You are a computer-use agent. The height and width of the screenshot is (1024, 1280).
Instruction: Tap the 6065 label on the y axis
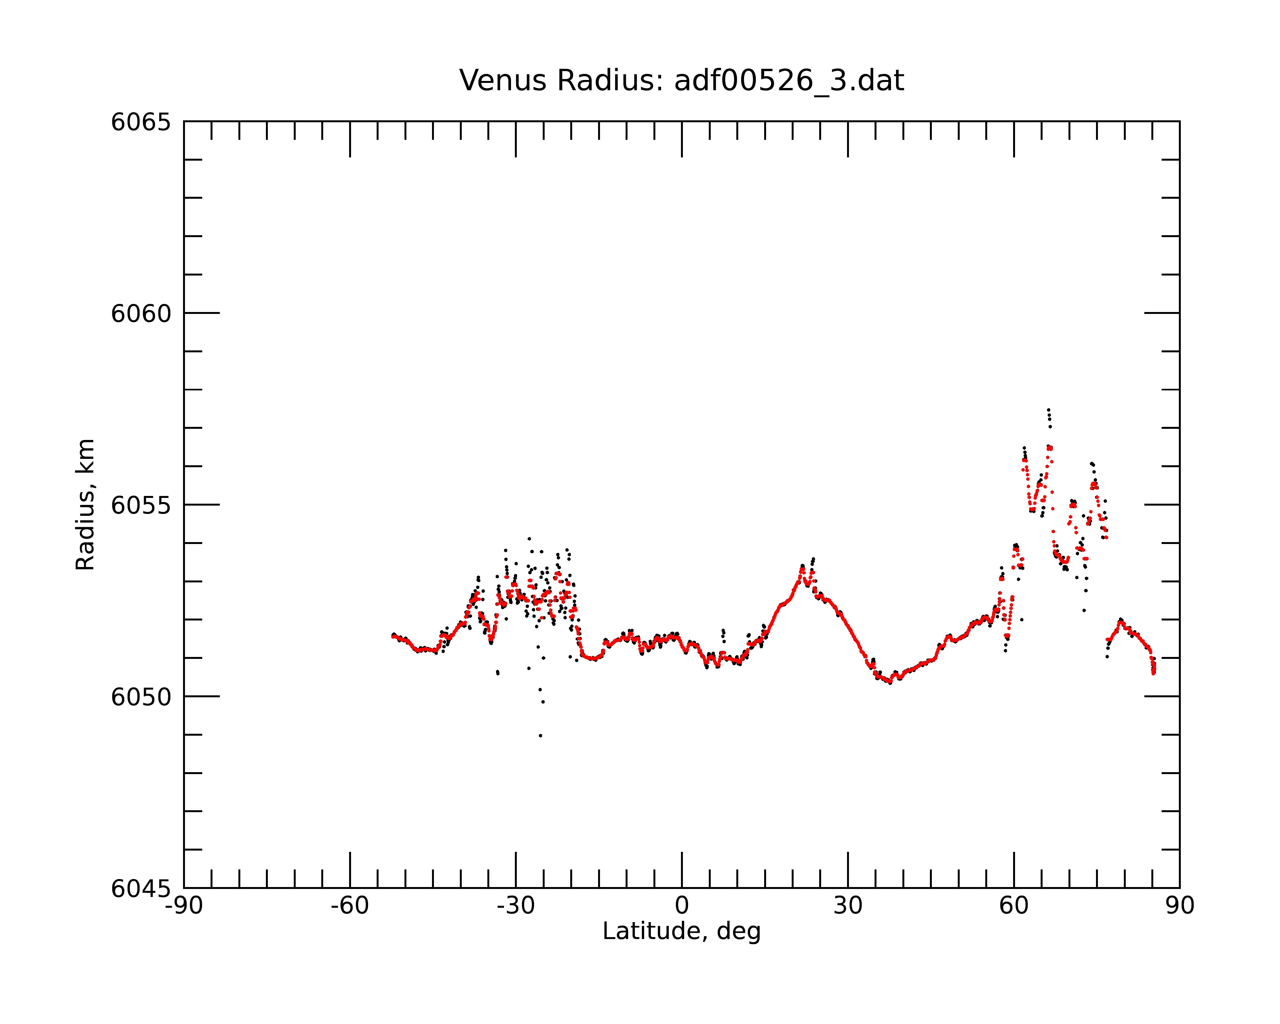click(x=141, y=122)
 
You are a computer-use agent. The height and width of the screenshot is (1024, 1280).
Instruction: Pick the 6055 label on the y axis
click(x=141, y=505)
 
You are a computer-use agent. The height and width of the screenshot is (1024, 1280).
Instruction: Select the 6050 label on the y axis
click(x=141, y=697)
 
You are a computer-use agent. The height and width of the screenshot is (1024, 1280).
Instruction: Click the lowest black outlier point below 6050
click(x=540, y=735)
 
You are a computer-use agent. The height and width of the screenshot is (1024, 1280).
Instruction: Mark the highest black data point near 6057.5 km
click(x=1048, y=410)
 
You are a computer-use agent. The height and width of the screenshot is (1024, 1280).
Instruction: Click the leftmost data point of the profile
click(x=392, y=636)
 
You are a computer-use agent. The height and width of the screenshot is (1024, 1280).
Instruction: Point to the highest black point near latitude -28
click(x=529, y=539)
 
